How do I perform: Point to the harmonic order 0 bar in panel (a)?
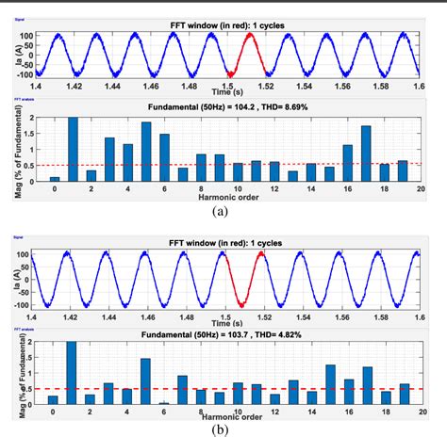point(55,178)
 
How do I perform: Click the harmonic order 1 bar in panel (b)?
point(73,373)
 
